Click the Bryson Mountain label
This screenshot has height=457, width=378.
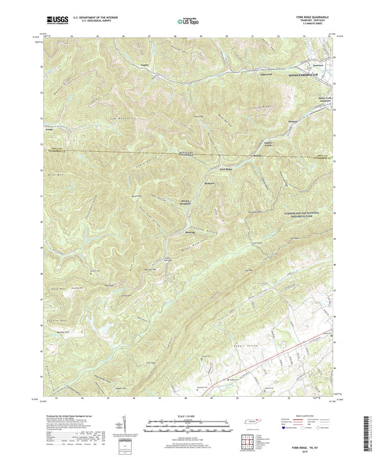coord(187,202)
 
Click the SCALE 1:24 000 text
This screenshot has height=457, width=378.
coord(189,415)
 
